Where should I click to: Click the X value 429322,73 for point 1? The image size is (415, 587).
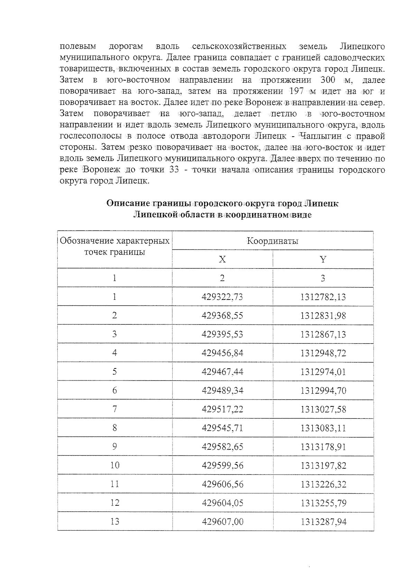point(222,297)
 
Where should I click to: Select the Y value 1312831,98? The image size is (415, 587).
point(323,315)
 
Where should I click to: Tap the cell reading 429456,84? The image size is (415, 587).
point(222,353)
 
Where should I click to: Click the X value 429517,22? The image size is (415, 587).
point(222,409)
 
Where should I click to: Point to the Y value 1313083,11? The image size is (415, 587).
point(323,428)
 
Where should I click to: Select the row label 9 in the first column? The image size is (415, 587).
point(114,447)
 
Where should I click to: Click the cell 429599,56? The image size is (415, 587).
point(222,465)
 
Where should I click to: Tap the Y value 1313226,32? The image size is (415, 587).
point(323,484)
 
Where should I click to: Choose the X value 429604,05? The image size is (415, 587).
point(222,503)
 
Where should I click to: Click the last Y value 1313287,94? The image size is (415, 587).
point(323,522)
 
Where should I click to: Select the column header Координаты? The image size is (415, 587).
point(273,241)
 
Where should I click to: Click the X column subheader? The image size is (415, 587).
point(222,259)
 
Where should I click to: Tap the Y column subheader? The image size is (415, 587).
point(323,259)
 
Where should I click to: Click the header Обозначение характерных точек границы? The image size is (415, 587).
point(114,246)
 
